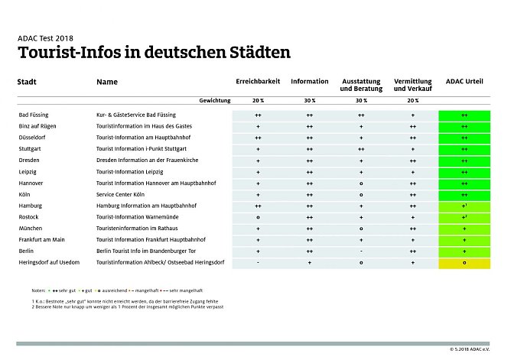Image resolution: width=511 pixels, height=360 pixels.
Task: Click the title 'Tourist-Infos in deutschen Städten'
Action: click(x=153, y=53)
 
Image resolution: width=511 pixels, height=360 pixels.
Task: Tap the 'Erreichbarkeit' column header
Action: click(x=258, y=81)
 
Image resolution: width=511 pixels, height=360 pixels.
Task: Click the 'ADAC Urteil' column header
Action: click(x=464, y=81)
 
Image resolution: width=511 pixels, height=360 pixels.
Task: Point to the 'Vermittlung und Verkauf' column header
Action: click(x=412, y=85)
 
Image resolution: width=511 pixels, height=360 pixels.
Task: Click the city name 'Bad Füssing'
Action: click(x=35, y=114)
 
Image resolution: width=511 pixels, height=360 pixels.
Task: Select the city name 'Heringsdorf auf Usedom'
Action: click(x=51, y=262)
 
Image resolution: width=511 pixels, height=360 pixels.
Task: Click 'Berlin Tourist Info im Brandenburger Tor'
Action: click(x=148, y=251)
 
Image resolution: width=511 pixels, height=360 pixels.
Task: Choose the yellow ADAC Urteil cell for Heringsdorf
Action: click(x=464, y=262)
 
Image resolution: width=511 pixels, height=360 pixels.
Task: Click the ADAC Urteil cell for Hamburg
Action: click(x=464, y=206)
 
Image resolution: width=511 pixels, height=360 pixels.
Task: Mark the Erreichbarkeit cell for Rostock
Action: click(x=258, y=217)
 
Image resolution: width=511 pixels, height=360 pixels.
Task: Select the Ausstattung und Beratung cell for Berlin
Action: click(x=361, y=251)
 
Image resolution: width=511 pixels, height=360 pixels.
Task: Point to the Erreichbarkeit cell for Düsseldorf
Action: click(x=258, y=137)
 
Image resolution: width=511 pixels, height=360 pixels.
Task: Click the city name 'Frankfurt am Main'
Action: click(x=43, y=239)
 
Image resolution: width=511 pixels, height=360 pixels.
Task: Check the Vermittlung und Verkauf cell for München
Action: click(x=412, y=229)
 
